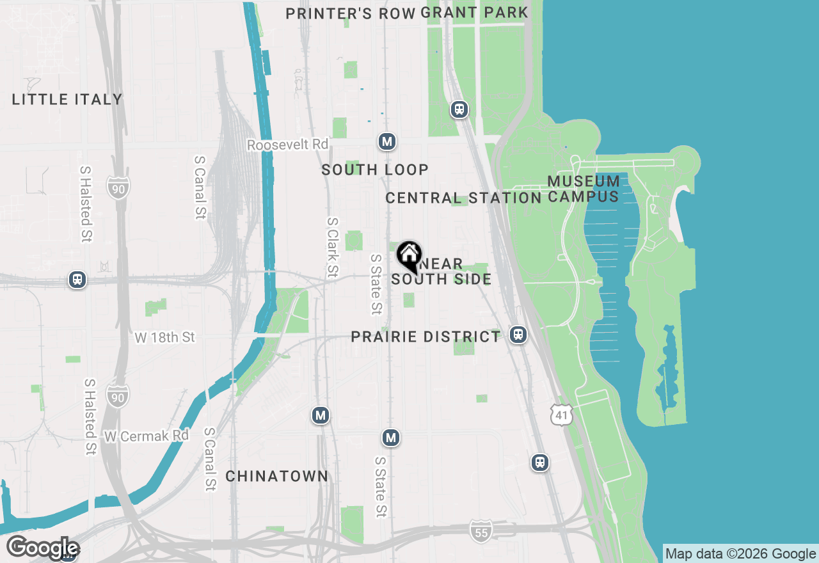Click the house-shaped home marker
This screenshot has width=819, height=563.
pos(409,256)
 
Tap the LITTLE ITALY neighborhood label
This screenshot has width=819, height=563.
pos(67,99)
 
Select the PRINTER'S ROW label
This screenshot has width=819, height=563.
pos(350,13)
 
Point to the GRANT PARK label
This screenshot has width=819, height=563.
pos(475,12)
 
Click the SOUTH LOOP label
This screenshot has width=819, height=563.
pos(375,170)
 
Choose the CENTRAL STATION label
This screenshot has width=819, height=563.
pos(463,198)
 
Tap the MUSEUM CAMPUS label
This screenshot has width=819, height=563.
pos(584,189)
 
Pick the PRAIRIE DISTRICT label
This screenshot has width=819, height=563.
pos(425,337)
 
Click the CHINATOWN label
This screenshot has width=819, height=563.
pos(277,476)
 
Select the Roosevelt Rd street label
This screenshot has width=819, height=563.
pos(288,145)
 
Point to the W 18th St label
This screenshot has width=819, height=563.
pos(165,337)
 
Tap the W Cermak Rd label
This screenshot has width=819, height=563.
pos(147,436)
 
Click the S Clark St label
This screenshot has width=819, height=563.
pos(332,248)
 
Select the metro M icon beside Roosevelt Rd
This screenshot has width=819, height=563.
pos(386,141)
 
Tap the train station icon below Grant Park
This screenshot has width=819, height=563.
pos(459,109)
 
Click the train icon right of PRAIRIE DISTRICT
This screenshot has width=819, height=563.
pos(518,335)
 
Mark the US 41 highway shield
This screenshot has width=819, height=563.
pos(561,415)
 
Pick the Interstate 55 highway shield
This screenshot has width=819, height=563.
pos(481,530)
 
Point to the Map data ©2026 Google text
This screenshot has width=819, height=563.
pos(740,553)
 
